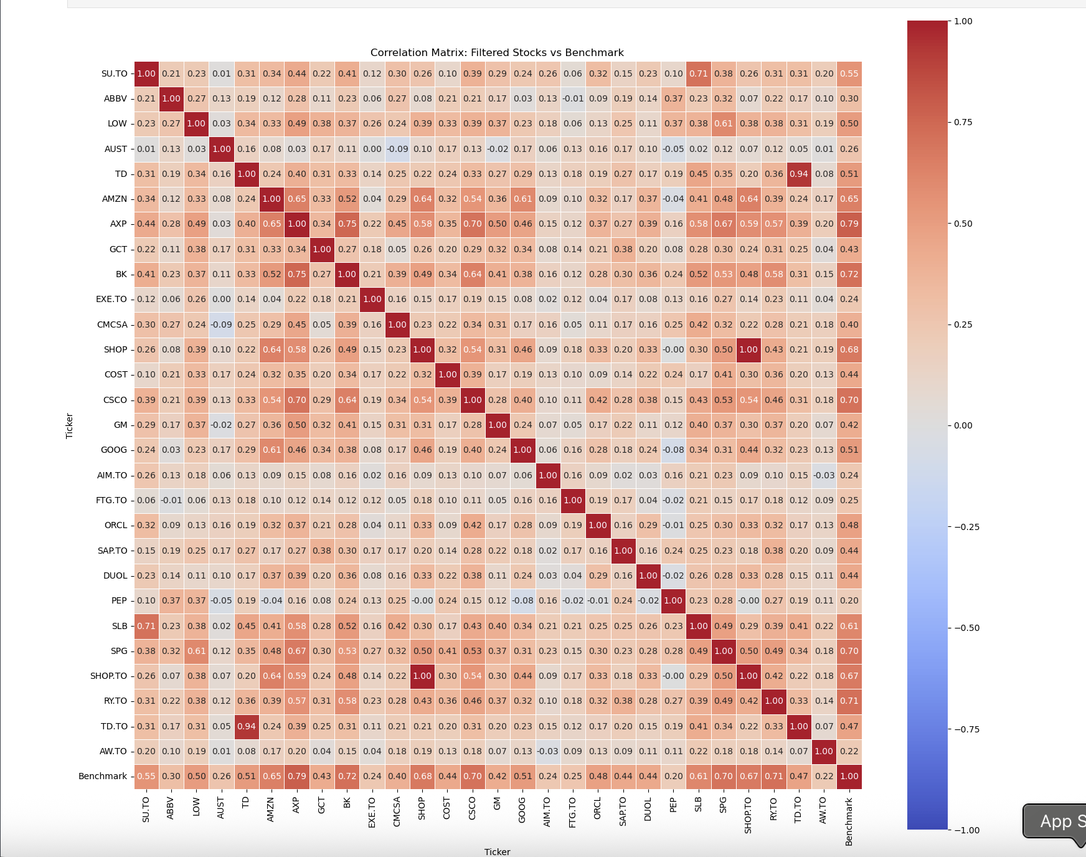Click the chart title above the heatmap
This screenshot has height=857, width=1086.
pyautogui.click(x=497, y=53)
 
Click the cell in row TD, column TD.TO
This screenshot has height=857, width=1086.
pyautogui.click(x=798, y=174)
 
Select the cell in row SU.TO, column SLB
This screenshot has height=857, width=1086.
pyautogui.click(x=698, y=73)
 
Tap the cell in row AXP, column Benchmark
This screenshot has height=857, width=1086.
pyautogui.click(x=849, y=224)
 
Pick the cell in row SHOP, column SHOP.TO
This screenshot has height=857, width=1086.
pyautogui.click(x=748, y=349)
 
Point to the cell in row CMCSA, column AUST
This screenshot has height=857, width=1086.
pyautogui.click(x=222, y=324)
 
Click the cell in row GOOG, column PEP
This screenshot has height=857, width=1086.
pyautogui.click(x=673, y=450)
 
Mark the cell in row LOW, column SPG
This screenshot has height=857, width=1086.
pyautogui.click(x=723, y=123)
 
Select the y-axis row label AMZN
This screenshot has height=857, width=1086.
pyautogui.click(x=115, y=199)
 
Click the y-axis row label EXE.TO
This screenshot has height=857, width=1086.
pyautogui.click(x=111, y=299)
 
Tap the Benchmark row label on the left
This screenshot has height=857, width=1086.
pyautogui.click(x=103, y=776)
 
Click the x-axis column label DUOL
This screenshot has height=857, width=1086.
pyautogui.click(x=648, y=809)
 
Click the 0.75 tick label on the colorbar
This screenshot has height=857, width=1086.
pyautogui.click(x=963, y=122)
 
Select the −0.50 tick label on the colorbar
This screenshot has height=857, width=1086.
pyautogui.click(x=967, y=628)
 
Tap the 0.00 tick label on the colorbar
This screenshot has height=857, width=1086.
pyautogui.click(x=963, y=425)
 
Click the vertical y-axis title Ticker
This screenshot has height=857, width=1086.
pyautogui.click(x=70, y=425)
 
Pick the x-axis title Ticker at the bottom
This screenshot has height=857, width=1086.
pyautogui.click(x=497, y=851)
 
